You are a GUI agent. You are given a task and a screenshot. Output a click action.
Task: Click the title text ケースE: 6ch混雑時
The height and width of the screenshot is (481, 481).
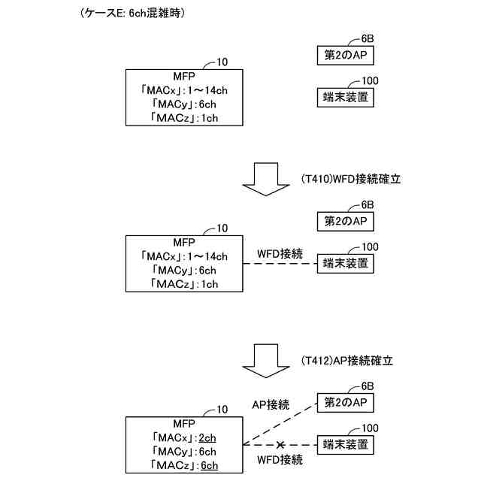[132, 14]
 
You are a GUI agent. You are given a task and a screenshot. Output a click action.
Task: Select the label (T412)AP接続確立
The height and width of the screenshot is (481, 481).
[346, 361]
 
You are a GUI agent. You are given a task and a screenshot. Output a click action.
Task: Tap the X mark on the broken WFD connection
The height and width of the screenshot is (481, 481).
[280, 445]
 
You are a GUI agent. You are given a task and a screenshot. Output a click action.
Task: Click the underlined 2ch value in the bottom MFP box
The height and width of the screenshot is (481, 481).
[207, 437]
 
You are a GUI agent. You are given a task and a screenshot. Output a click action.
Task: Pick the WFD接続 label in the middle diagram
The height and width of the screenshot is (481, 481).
[280, 254]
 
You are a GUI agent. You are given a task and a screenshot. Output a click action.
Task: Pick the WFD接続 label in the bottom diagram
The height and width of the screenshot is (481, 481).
[280, 459]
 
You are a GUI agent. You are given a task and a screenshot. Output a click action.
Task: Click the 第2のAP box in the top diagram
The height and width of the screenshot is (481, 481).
[344, 55]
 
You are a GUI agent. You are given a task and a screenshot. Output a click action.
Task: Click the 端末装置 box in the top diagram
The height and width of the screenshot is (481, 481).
[344, 97]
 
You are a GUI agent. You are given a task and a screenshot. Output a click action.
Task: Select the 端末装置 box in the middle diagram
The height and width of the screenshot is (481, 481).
[345, 264]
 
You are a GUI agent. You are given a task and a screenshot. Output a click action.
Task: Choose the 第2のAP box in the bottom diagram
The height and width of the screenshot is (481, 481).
[344, 404]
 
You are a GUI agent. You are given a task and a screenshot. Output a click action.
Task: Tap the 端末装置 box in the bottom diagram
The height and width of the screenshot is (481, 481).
[344, 445]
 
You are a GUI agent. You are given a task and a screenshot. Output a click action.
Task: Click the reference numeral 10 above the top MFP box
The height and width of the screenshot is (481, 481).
[222, 62]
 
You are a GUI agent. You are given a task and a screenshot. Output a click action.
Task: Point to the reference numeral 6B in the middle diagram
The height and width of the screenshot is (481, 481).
[368, 204]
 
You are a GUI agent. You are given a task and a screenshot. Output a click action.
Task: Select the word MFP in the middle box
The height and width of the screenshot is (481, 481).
[184, 242]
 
